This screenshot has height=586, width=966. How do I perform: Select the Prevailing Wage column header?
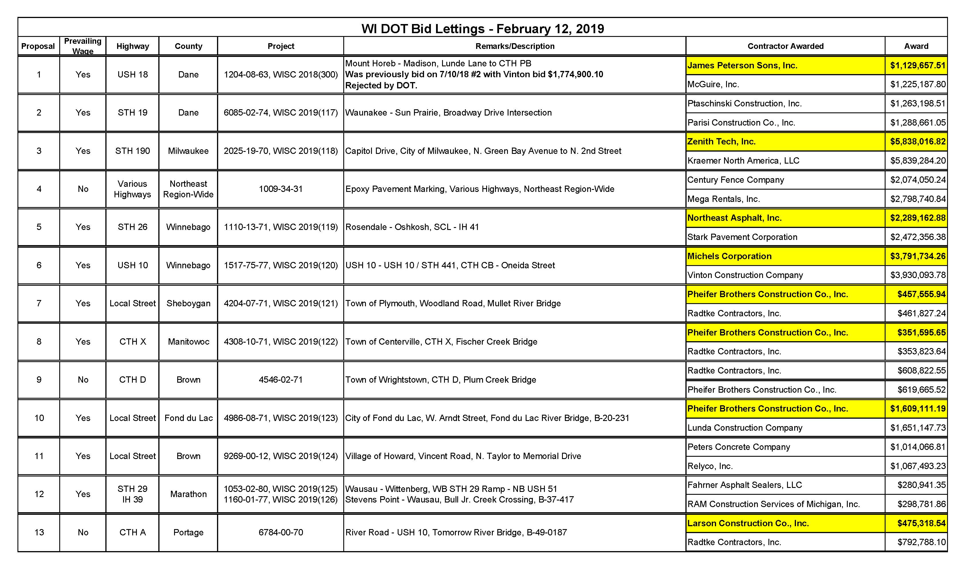(x=83, y=46)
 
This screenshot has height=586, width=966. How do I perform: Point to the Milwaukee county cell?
(x=188, y=151)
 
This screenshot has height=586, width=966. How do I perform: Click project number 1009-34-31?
(x=281, y=189)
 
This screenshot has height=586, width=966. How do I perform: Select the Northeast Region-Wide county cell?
(x=188, y=189)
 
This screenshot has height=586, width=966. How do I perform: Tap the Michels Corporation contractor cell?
(x=729, y=256)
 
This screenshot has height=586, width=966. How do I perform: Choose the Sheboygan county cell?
(x=188, y=303)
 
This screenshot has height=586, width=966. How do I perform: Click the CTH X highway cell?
(x=133, y=341)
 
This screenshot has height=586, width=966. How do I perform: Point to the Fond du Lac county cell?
(x=188, y=418)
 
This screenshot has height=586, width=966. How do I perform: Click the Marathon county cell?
(x=188, y=494)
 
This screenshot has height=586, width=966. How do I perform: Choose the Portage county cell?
(x=188, y=532)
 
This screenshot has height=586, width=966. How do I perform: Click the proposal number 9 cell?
(x=39, y=380)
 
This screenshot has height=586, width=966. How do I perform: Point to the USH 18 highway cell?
(x=133, y=74)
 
